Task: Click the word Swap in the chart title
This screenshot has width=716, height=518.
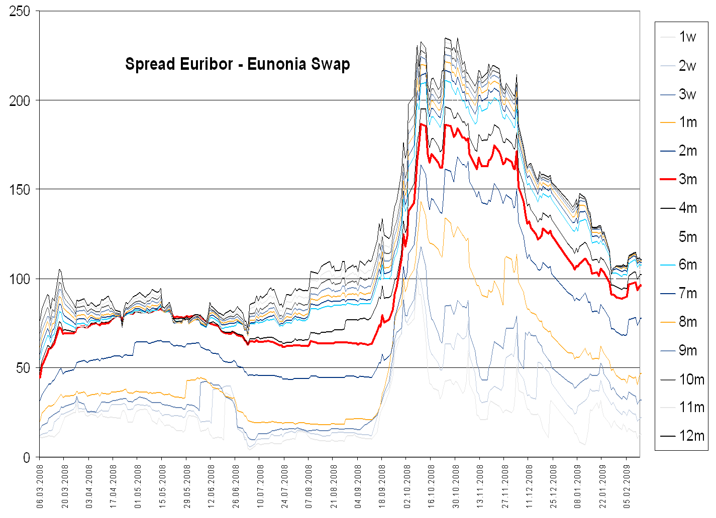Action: coord(330,65)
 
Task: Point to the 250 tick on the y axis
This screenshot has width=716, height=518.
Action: coord(20,11)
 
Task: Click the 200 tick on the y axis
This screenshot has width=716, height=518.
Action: coord(20,100)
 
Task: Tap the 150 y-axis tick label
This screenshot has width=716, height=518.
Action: coord(20,189)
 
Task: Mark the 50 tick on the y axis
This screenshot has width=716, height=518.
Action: coord(23,368)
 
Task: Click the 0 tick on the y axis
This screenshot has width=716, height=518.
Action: coord(27,457)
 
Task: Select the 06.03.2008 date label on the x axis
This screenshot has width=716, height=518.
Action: coord(40,486)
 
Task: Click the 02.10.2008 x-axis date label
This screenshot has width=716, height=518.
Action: coord(407,486)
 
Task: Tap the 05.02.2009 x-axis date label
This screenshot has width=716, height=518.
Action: coord(627,486)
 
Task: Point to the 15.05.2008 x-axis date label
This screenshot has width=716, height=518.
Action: coord(162,486)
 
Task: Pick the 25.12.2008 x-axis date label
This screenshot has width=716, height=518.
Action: coord(553,486)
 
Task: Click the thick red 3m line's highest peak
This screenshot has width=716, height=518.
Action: coord(421,123)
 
